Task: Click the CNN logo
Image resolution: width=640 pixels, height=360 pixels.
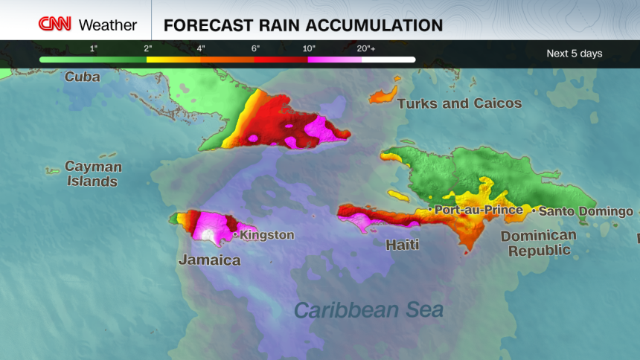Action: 56,25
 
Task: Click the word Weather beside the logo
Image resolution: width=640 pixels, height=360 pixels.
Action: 108,25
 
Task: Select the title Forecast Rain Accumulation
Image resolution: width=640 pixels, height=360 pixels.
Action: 303,25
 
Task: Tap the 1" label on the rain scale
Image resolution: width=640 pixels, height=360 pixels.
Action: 94,48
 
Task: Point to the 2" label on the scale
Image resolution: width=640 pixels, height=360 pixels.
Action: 149,48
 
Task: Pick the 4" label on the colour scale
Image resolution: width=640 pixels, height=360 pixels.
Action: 201,48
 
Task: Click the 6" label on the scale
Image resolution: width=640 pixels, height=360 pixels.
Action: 255,48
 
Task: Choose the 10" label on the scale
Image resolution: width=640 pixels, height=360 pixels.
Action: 308,48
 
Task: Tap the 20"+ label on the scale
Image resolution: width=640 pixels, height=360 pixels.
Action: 365,48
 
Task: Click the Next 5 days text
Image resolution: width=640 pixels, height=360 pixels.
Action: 575,54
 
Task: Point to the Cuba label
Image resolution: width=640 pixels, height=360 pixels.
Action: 82,77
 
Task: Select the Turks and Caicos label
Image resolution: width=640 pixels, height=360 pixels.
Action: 459,103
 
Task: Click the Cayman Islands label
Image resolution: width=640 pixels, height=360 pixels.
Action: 92,173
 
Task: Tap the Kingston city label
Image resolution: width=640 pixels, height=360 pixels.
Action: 266,235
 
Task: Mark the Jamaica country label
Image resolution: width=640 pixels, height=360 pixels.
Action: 209,260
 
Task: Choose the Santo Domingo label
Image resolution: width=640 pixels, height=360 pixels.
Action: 586,211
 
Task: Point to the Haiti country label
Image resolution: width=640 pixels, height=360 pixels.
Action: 402,244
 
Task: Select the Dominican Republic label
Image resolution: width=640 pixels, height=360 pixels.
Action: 538,242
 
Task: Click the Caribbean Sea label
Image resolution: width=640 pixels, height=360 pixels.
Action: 368,309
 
